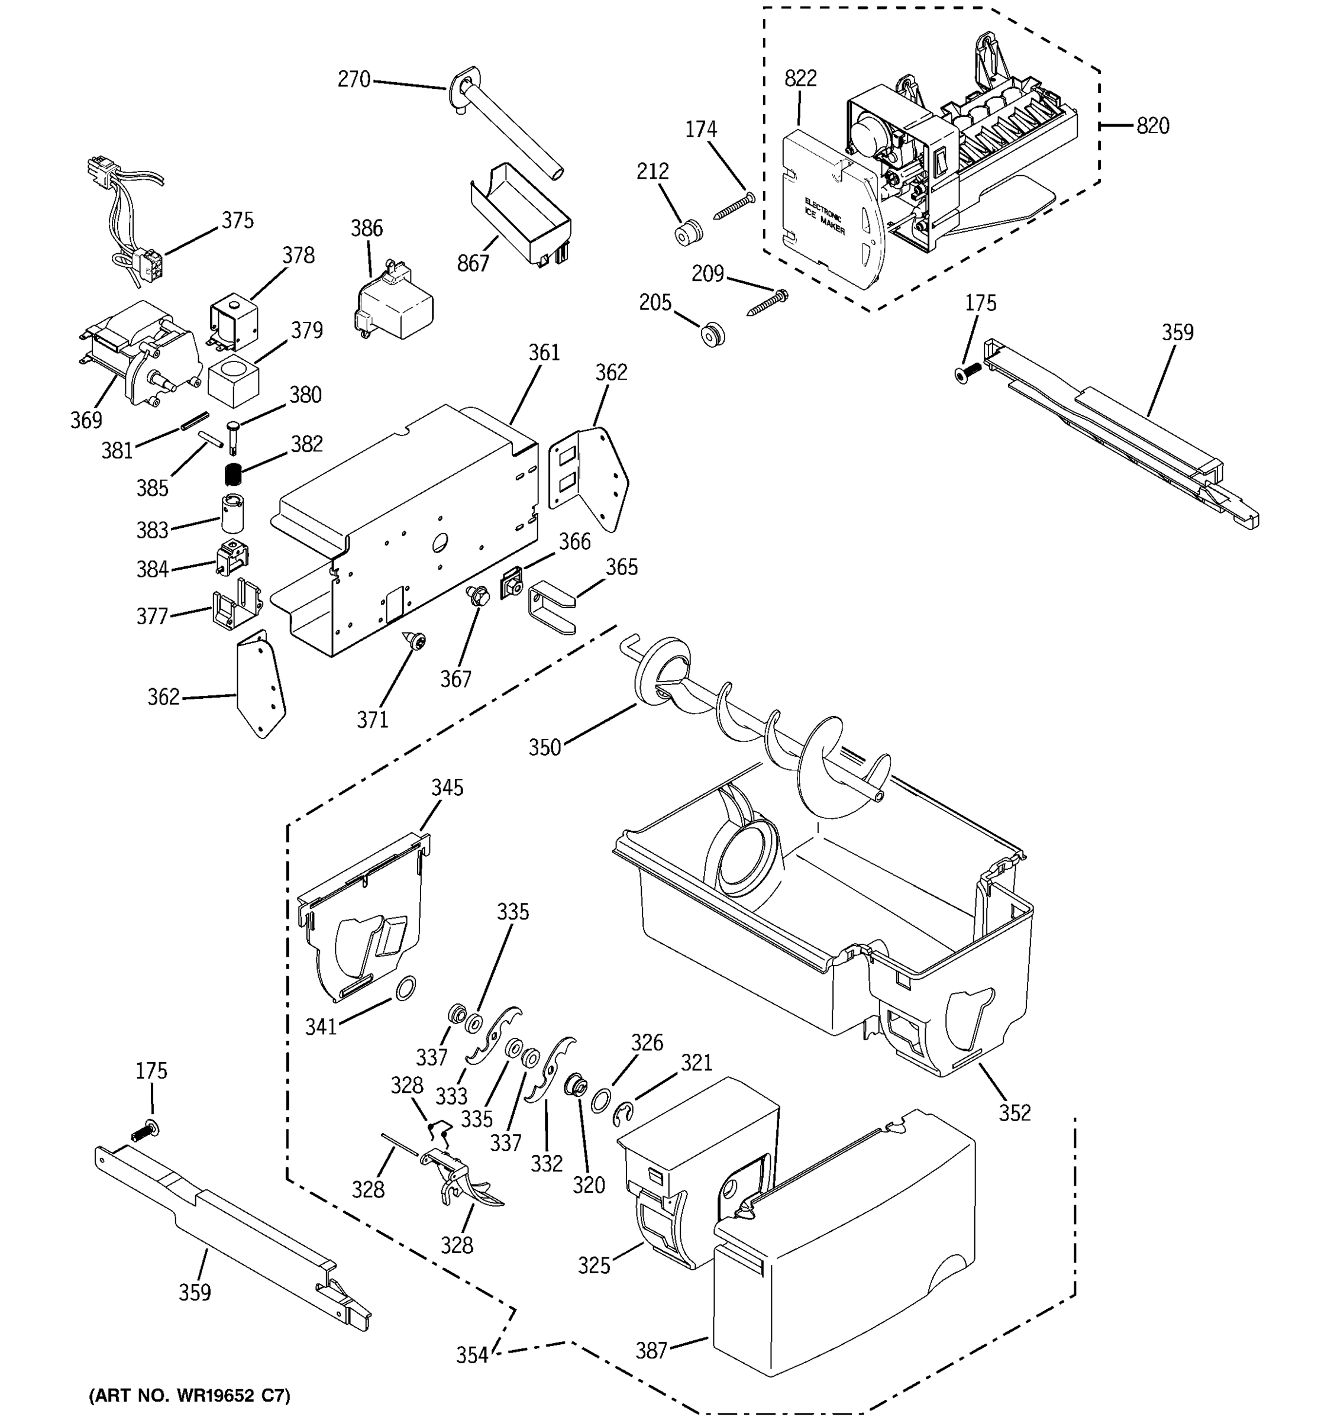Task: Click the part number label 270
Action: click(x=354, y=79)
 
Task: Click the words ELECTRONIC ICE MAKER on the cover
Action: click(x=825, y=216)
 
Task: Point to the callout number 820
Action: click(x=1152, y=127)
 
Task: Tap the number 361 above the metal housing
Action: click(x=544, y=353)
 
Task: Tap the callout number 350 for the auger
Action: click(x=545, y=748)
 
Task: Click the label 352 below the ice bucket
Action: click(x=1015, y=1113)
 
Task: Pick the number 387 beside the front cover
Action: click(x=651, y=1351)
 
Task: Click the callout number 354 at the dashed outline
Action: click(x=472, y=1355)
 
